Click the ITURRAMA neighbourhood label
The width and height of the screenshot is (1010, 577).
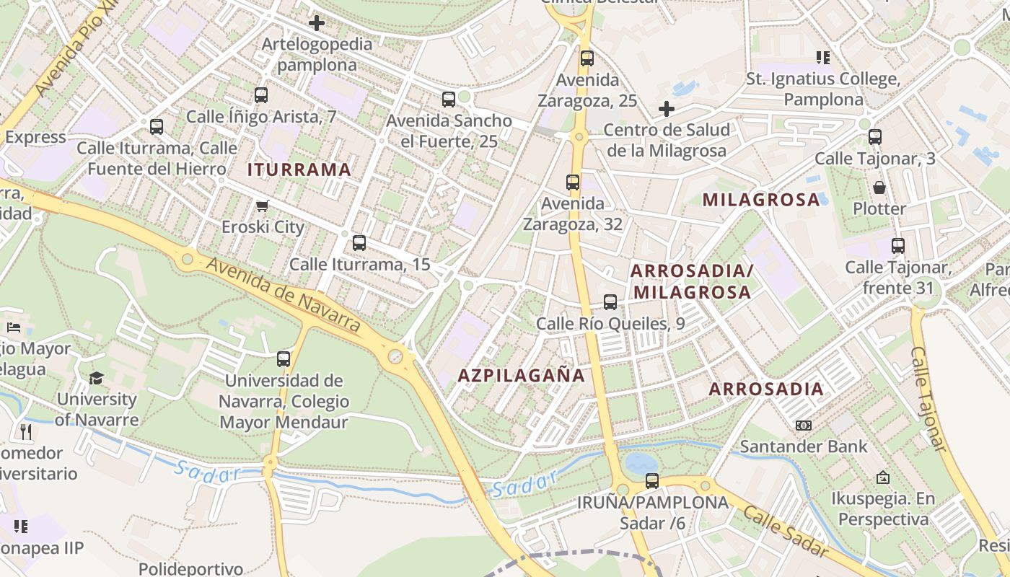299,170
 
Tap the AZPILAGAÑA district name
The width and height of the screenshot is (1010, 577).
521,375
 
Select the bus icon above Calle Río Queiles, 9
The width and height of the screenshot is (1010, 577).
610,302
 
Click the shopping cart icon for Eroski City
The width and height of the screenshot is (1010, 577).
263,206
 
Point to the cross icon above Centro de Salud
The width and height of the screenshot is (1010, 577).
667,109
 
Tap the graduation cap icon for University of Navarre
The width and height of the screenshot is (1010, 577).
96,378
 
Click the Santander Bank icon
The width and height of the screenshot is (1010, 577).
804,426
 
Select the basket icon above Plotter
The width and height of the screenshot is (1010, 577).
879,188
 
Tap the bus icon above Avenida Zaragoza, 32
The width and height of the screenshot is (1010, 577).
573,182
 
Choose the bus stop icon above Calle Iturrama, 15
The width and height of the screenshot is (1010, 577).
359,243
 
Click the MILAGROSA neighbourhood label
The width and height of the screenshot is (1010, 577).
761,200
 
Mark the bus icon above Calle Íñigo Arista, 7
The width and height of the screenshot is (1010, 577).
261,95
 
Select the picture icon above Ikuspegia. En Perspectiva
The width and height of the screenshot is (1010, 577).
882,477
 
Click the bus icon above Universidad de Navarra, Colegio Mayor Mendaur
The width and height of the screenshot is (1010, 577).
284,359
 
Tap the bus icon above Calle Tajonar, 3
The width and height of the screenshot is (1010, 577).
875,137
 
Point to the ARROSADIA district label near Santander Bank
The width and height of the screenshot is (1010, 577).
766,389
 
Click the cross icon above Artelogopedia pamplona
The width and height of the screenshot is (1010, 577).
316,23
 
